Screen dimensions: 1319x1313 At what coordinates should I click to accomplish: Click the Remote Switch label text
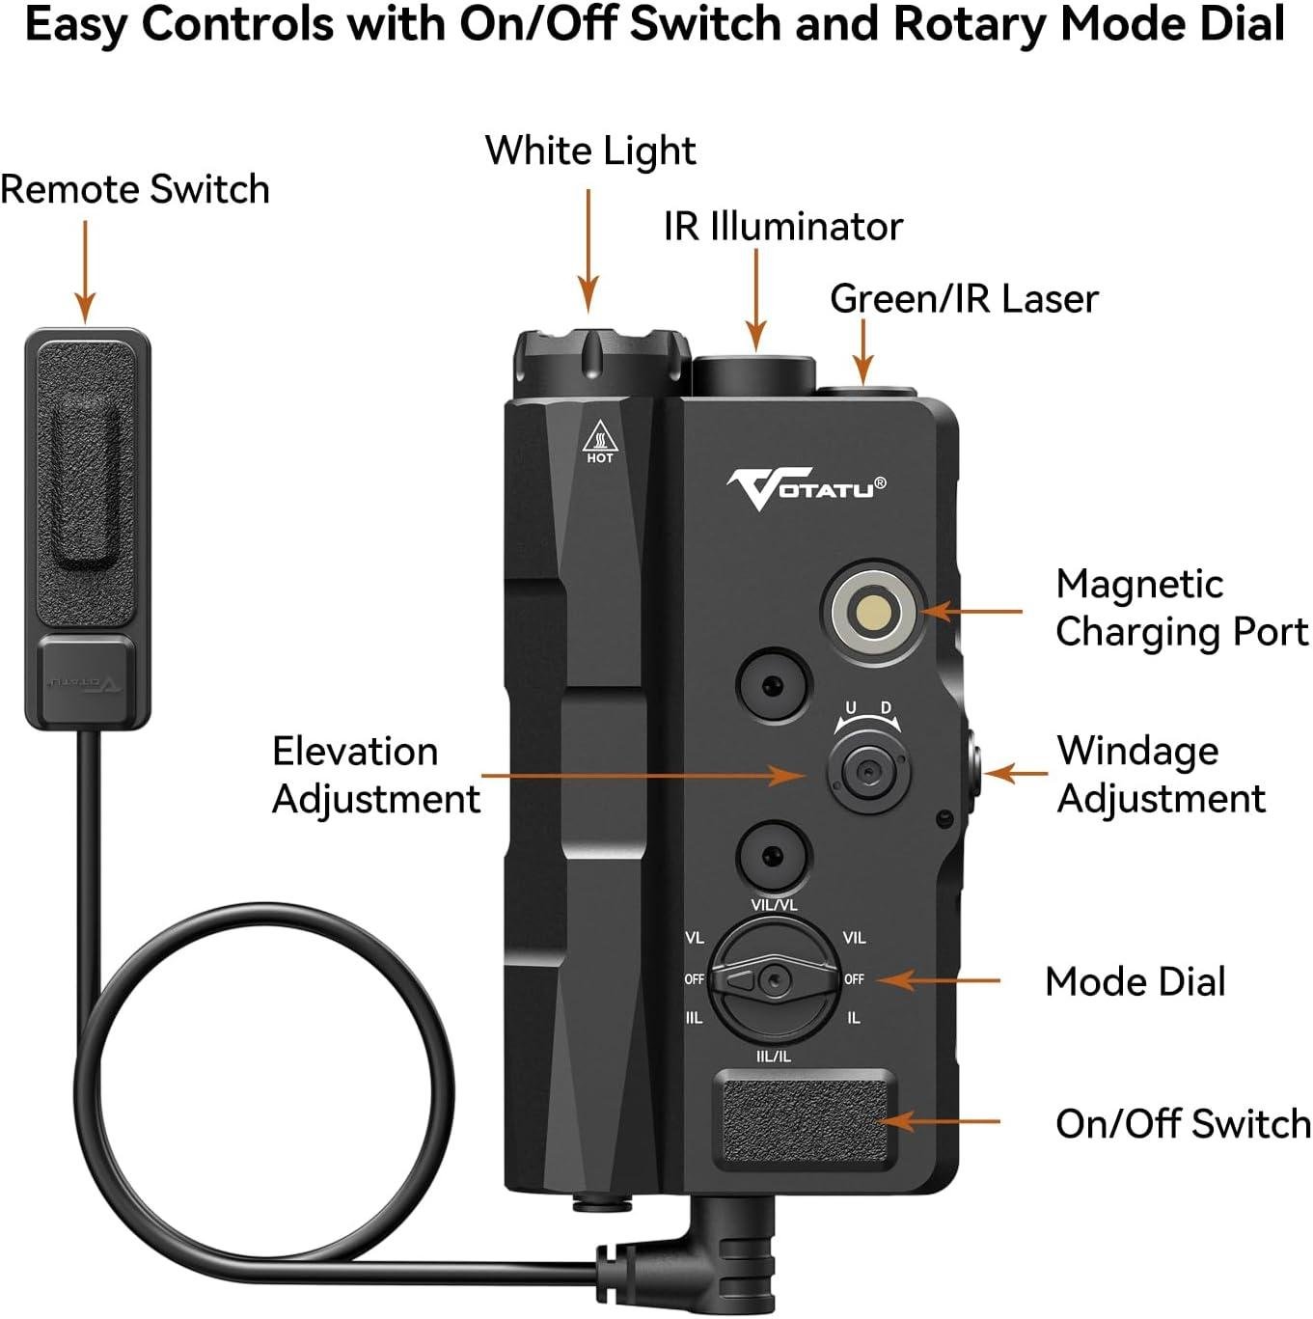[x=135, y=189]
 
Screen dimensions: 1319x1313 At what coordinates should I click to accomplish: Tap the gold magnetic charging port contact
[x=874, y=611]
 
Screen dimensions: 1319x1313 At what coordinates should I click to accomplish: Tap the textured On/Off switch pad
[x=805, y=1118]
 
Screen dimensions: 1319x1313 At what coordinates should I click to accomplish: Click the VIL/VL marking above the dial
[x=774, y=905]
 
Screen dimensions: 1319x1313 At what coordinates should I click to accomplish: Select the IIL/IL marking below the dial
[x=773, y=1057]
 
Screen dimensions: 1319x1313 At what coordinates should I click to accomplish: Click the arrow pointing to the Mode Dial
[x=937, y=980]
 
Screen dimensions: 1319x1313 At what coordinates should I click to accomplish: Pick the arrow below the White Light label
[x=588, y=251]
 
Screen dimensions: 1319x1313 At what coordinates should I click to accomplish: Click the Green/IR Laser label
[x=964, y=299]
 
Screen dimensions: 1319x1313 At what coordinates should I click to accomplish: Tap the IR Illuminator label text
[x=782, y=227]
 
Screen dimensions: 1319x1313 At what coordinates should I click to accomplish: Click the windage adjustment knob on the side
[x=971, y=773]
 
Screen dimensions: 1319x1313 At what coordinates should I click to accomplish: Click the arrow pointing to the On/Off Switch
[x=942, y=1121]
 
